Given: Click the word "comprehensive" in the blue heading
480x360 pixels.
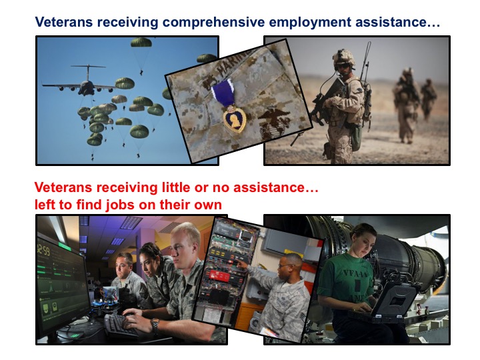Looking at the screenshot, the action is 213,23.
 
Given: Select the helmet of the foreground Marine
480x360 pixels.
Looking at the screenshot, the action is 344,57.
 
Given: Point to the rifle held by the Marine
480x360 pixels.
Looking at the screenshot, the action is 326,101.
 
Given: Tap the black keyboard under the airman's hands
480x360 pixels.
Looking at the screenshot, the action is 120,325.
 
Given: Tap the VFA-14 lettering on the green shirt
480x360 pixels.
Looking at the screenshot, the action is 355,273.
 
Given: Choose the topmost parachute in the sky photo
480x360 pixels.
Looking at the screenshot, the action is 141,42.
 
